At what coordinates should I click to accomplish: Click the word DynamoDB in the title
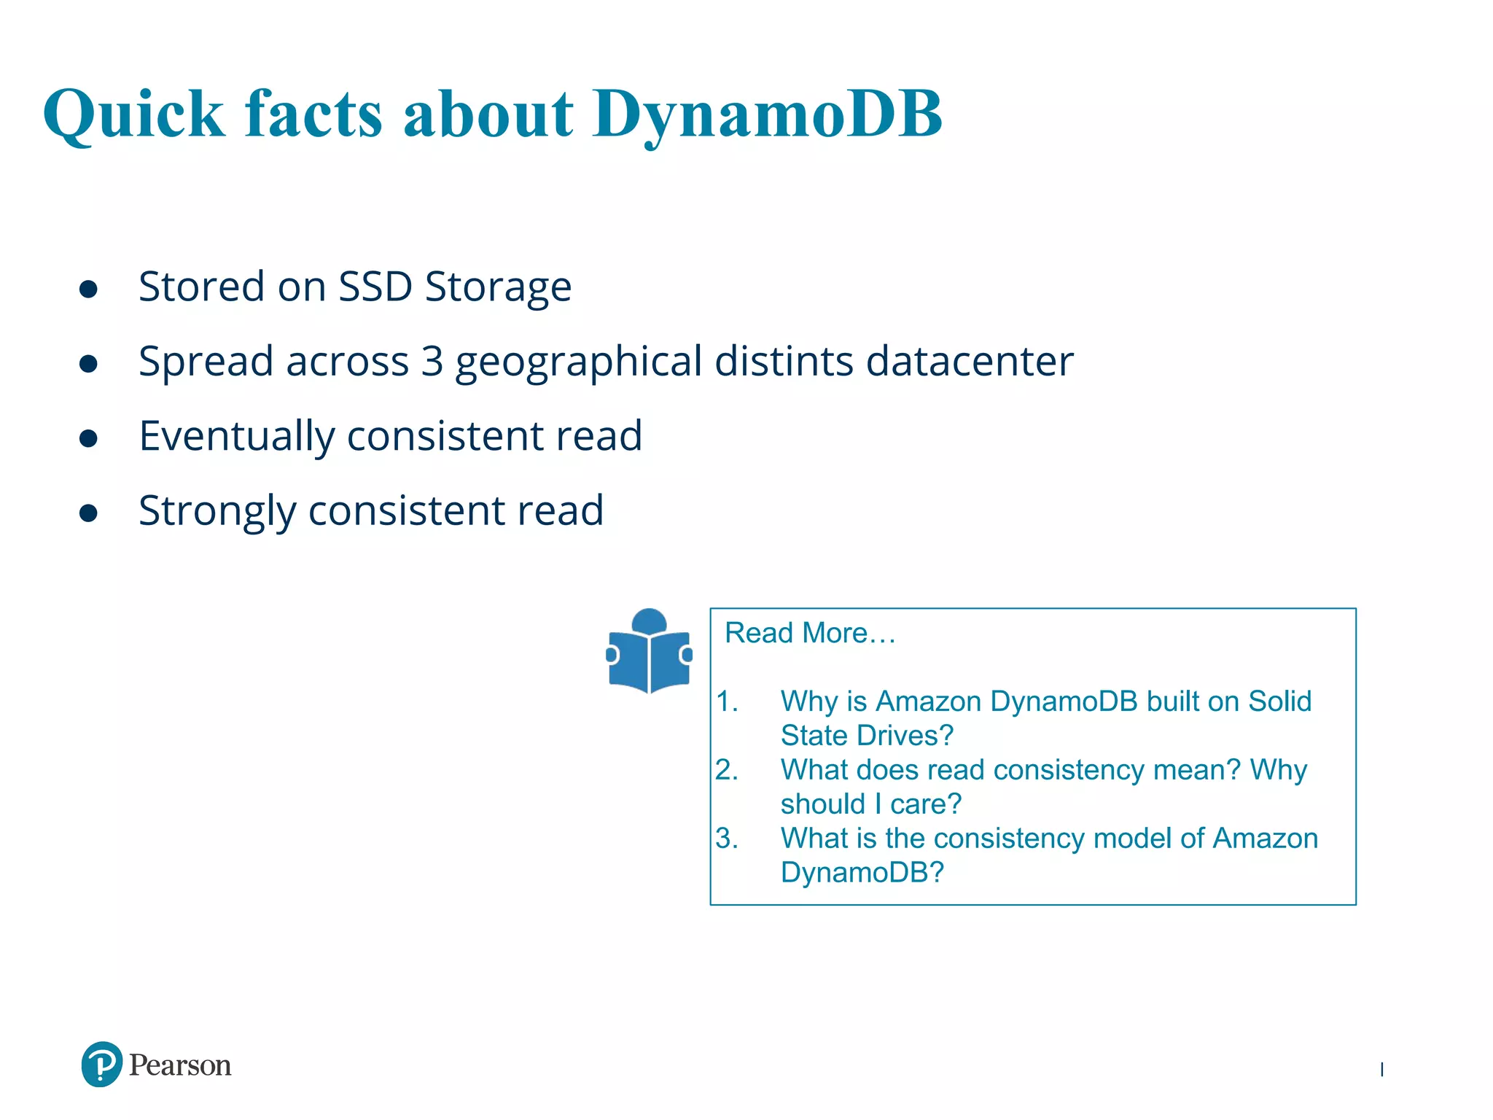(767, 114)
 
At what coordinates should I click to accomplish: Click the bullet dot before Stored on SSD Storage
(88, 289)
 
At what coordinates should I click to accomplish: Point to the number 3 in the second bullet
(432, 361)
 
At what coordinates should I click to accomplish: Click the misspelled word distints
(784, 361)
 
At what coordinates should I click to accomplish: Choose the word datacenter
(970, 361)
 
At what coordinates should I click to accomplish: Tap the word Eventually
(236, 437)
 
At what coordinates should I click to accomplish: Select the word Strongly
(217, 511)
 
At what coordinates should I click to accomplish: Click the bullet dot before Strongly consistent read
(88, 513)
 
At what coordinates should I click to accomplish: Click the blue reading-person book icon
(649, 650)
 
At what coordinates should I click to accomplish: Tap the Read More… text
(809, 633)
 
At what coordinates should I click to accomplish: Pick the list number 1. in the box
(727, 701)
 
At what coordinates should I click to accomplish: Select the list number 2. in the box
(727, 770)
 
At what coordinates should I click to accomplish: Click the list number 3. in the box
(727, 839)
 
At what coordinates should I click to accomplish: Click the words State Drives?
(867, 736)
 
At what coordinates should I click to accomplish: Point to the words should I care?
(870, 804)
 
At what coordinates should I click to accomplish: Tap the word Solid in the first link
(1279, 701)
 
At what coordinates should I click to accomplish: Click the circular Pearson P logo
(101, 1065)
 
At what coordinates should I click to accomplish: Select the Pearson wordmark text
(180, 1065)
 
